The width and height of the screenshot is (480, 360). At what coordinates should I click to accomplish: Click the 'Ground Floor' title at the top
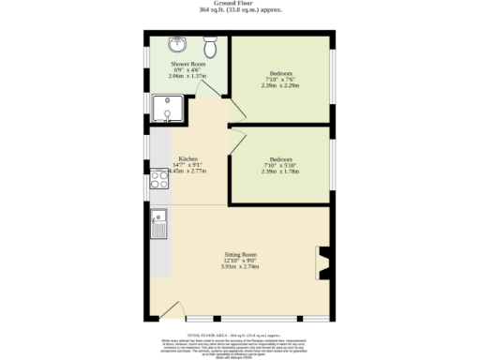(239, 4)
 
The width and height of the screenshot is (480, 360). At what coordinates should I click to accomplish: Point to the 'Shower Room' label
(187, 65)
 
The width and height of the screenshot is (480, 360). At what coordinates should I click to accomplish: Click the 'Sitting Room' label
(240, 254)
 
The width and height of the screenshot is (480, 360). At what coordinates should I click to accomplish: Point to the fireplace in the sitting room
(322, 262)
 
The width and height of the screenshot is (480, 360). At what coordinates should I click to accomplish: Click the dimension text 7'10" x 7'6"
(281, 80)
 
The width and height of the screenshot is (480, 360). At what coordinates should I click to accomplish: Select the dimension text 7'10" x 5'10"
(281, 166)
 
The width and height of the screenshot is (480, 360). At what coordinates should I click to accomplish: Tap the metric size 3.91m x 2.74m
(240, 267)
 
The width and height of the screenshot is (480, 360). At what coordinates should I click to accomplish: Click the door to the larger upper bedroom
(237, 111)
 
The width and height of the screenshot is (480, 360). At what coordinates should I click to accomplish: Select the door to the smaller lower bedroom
(237, 141)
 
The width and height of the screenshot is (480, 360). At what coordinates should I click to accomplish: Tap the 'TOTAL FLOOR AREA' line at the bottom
(239, 333)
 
